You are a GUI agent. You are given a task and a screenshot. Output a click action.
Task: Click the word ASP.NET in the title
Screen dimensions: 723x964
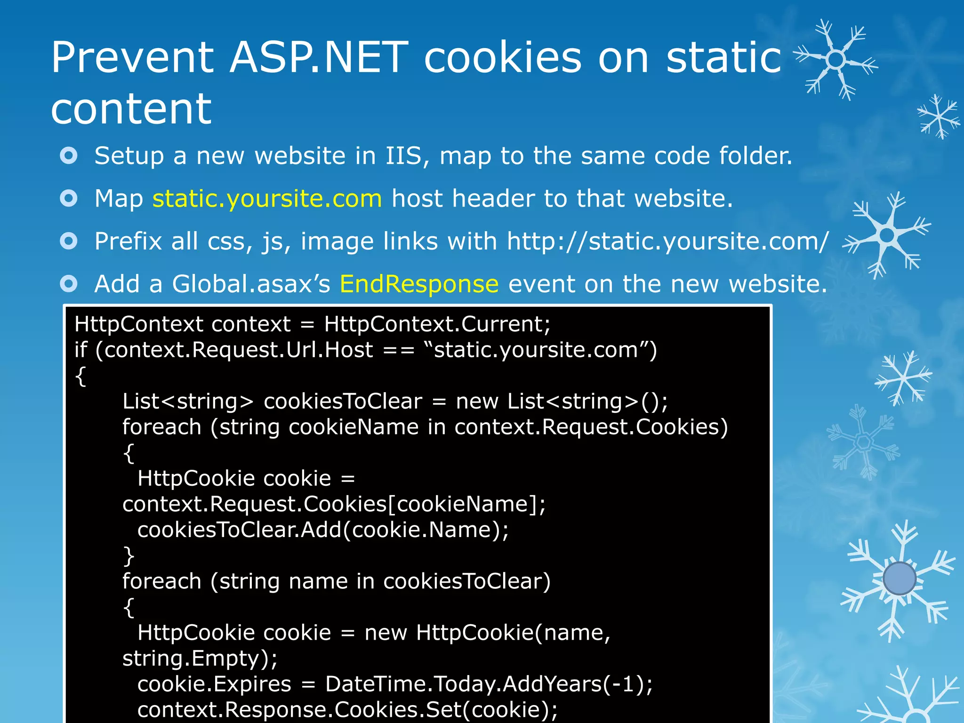319,57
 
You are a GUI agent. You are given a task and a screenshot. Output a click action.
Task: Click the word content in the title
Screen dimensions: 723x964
131,109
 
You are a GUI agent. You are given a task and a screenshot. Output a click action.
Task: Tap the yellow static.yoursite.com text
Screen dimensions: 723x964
267,198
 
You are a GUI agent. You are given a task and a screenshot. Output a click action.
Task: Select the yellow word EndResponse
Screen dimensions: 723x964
419,284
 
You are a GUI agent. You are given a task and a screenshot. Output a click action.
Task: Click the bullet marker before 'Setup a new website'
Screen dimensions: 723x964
69,155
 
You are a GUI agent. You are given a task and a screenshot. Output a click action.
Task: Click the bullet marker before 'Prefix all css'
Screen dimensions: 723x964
69,241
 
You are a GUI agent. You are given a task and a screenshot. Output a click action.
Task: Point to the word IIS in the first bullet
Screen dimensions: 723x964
405,156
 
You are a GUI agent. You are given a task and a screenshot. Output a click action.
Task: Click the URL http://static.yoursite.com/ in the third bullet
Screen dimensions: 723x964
667,241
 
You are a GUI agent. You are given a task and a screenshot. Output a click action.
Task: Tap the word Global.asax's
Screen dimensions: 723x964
251,284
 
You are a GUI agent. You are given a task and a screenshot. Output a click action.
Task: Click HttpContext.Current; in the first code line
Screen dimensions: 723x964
437,324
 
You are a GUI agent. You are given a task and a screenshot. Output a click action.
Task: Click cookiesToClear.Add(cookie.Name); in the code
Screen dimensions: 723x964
323,530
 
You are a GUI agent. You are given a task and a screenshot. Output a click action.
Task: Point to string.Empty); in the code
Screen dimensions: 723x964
200,659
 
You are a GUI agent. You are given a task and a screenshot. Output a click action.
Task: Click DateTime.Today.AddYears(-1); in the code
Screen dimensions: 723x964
489,684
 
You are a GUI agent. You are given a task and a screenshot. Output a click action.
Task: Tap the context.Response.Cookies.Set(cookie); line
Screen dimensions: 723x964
347,710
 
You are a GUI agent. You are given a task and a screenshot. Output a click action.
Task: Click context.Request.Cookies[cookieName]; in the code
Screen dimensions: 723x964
334,504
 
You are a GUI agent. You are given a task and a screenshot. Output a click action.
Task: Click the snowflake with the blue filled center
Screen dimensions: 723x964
899,578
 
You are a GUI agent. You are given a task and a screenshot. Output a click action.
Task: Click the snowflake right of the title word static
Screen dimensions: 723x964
836,60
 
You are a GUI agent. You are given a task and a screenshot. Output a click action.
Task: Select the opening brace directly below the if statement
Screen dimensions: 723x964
81,377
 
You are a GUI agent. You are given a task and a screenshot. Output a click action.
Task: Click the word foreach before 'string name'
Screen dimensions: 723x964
161,581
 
